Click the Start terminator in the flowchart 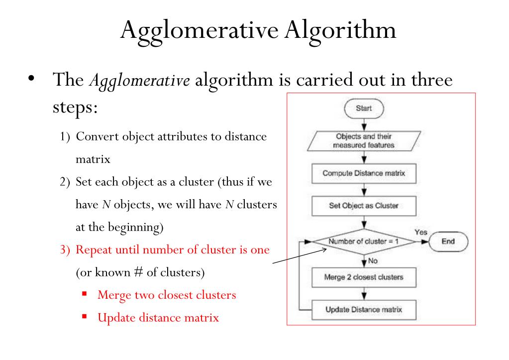(x=364, y=109)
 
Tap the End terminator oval (x=448, y=241)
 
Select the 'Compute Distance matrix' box (x=364, y=173)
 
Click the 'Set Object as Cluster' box (x=364, y=206)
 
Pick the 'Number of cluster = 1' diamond (x=364, y=241)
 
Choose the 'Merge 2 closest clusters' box (x=364, y=277)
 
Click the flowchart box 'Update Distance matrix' (x=364, y=310)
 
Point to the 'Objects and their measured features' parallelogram (x=364, y=141)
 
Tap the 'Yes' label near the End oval (x=421, y=233)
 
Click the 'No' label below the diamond (x=373, y=261)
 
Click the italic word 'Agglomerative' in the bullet (x=140, y=81)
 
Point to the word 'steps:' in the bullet (x=75, y=108)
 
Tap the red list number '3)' (x=65, y=250)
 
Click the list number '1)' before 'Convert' (x=65, y=137)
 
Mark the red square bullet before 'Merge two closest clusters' (x=85, y=294)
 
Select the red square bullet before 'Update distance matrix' (x=85, y=317)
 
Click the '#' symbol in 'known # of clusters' (x=138, y=272)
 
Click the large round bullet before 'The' (x=31, y=78)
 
